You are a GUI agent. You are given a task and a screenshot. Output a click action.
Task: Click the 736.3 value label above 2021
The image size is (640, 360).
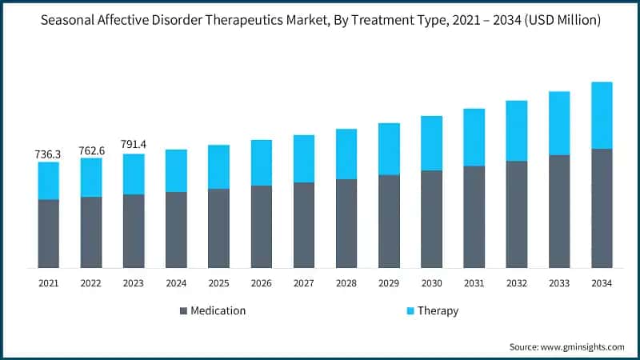point(48,153)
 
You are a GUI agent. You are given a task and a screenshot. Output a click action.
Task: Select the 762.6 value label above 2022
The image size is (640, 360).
point(91,150)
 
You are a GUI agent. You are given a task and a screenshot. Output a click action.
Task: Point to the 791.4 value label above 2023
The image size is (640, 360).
point(134,145)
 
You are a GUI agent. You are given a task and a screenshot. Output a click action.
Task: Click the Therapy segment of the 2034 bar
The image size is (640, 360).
point(601,115)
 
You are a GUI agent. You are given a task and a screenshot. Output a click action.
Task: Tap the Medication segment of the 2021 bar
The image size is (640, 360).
point(48,233)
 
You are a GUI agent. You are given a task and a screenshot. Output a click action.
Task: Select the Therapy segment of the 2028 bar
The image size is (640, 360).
point(346,154)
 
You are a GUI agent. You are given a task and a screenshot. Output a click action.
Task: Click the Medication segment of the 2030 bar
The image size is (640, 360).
point(431,218)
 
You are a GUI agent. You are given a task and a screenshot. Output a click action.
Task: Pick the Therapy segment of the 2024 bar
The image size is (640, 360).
point(176,170)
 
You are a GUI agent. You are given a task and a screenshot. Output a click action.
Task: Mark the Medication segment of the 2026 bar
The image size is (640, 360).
point(261,226)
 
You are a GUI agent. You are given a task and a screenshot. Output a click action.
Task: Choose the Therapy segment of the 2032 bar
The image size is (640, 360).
point(516,130)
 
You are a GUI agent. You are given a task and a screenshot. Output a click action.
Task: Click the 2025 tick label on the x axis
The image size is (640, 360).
point(218,283)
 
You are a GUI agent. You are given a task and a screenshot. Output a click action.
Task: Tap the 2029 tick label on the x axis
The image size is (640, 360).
point(389,283)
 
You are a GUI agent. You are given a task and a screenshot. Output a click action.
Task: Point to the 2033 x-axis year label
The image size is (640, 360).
point(559,283)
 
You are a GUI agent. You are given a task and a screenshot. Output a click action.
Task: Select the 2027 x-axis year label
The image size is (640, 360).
point(304,283)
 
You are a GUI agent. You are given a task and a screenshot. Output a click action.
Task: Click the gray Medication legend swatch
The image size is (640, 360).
point(183,310)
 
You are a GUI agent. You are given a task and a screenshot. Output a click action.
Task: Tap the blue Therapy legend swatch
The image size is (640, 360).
point(410,310)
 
